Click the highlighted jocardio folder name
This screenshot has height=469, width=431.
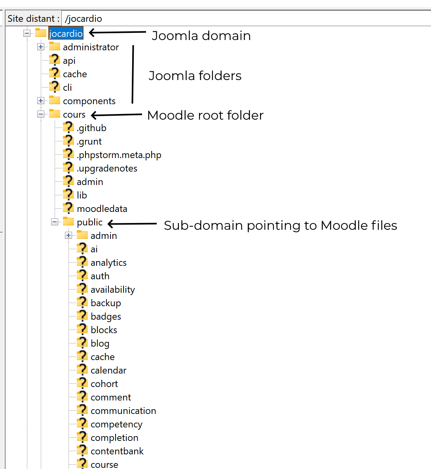tap(66, 34)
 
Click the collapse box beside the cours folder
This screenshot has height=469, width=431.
tap(41, 114)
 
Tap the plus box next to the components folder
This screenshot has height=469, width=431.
tap(41, 101)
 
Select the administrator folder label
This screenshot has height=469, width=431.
tap(91, 47)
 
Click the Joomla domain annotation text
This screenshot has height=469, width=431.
tap(201, 36)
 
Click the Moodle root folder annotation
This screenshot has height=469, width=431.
tap(205, 115)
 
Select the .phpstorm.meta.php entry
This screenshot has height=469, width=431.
tap(119, 155)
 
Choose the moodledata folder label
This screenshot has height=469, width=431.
tap(102, 209)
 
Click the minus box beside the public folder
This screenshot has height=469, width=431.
tap(55, 222)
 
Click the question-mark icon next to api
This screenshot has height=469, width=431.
tap(54, 60)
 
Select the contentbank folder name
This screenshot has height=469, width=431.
tap(117, 451)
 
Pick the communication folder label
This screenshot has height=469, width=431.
tap(123, 411)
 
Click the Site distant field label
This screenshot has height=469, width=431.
tap(34, 19)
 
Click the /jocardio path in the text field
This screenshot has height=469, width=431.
tap(84, 19)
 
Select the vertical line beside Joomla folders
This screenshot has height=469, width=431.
tap(133, 74)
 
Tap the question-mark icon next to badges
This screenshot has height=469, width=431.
tap(82, 316)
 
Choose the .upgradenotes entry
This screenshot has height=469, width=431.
tap(107, 168)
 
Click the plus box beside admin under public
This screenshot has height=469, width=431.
tap(68, 236)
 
